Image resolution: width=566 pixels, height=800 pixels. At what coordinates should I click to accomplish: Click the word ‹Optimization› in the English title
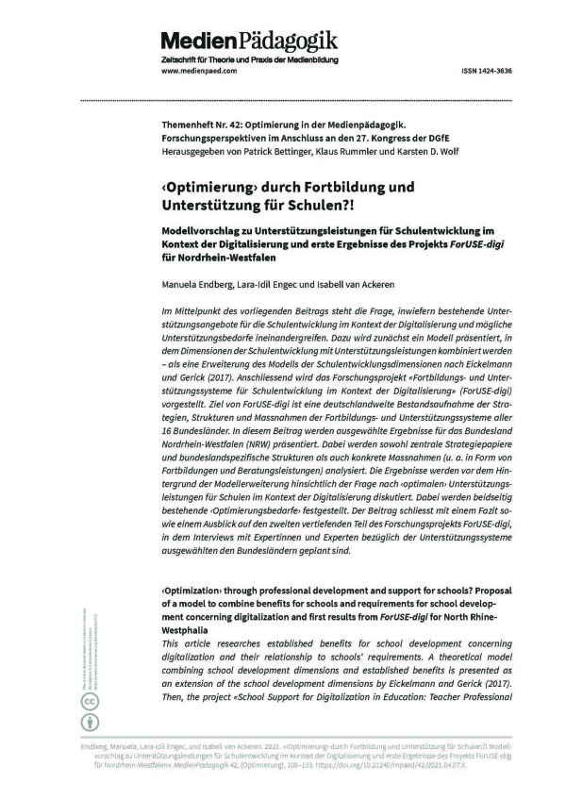(199, 590)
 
